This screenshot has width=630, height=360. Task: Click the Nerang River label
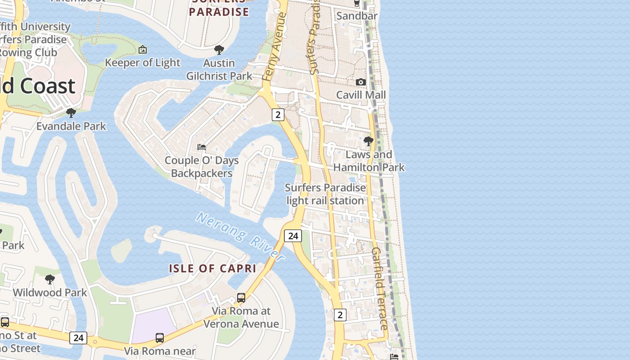point(240,237)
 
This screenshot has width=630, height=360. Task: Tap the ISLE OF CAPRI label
point(212,269)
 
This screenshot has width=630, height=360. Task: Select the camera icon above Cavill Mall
point(361,82)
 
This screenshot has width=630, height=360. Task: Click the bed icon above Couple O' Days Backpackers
point(202,147)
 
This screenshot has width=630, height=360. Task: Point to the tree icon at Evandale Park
point(71,112)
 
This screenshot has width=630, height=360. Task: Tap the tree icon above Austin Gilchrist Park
point(219,49)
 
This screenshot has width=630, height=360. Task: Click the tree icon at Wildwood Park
point(50,279)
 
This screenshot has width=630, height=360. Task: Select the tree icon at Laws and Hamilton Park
point(369,141)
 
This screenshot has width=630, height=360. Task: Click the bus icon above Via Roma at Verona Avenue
point(241,298)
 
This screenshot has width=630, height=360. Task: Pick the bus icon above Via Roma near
point(160,337)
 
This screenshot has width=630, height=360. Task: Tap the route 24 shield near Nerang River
point(293,235)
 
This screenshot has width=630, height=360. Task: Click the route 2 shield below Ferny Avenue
point(278,115)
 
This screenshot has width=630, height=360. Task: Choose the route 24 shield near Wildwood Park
point(78,337)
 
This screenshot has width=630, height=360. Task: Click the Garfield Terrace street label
point(380,288)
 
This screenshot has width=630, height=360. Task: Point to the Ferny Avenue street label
point(275,47)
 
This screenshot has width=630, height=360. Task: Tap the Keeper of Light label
point(143,63)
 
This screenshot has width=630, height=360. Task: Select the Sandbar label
point(357,16)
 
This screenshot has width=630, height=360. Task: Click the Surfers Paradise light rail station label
point(326,194)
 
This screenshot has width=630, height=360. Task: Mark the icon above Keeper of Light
point(143,49)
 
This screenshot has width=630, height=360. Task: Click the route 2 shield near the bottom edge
point(340,315)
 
